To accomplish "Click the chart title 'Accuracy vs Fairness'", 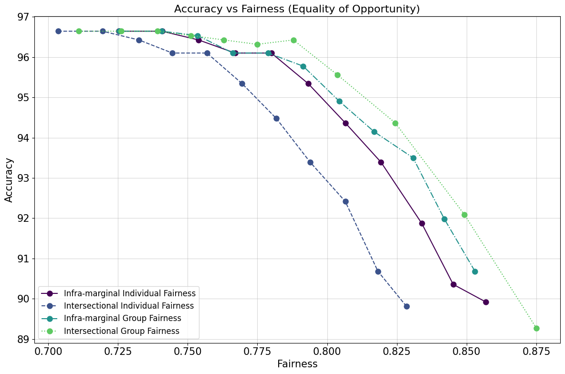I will pos(297,9).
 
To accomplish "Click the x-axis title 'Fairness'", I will pos(297,364).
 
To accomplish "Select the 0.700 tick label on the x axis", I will pos(48,352).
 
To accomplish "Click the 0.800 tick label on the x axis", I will pos(327,352).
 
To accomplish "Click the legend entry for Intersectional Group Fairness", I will pos(122,331).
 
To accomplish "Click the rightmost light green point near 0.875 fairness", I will pos(536,328).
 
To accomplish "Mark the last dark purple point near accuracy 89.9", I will pos(486,302).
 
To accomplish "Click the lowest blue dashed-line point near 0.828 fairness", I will pos(407,306).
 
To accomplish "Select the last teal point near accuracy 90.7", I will pos(475,271).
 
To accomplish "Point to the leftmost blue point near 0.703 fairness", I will pos(58,31).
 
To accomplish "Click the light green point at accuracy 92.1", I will pos(464,215).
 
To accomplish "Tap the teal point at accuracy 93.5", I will pos(413,158).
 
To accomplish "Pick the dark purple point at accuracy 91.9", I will pos(422,223).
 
